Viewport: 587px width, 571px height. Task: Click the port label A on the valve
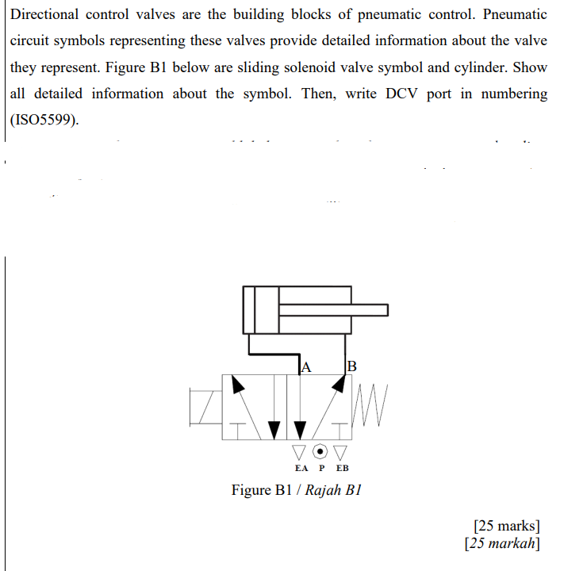pos(307,366)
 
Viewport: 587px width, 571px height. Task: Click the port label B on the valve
pos(353,366)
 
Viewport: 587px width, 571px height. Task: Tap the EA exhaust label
pos(301,468)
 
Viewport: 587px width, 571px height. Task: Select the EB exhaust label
pos(342,468)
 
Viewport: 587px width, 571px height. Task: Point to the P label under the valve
pos(321,468)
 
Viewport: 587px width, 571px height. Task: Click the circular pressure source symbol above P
pos(320,451)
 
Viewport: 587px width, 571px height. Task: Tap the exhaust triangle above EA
pos(299,452)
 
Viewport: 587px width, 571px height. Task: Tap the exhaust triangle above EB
pos(341,452)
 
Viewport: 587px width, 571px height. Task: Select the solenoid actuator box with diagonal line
pos(205,406)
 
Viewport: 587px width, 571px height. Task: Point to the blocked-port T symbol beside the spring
pos(340,429)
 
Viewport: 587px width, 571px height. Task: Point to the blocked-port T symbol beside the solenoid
pos(236,429)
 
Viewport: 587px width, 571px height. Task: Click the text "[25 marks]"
pos(506,525)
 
